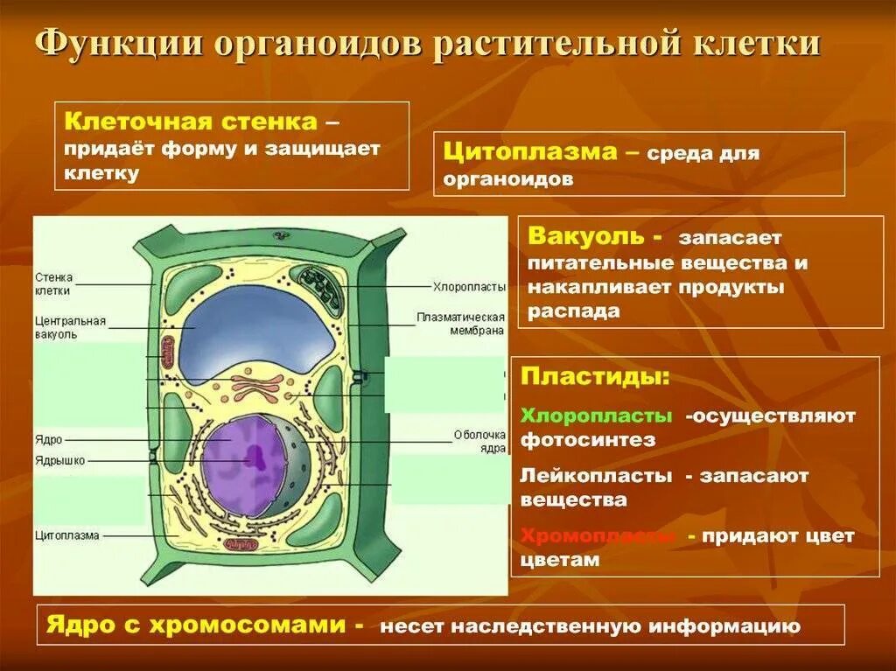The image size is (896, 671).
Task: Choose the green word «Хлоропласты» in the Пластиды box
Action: click(597, 416)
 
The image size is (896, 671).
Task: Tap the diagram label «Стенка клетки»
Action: click(54, 284)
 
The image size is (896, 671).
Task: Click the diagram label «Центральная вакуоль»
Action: click(71, 327)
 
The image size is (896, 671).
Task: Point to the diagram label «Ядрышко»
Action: click(60, 461)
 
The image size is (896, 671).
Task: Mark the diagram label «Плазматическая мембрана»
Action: click(460, 324)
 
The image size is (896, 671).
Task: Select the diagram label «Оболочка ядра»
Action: click(480, 441)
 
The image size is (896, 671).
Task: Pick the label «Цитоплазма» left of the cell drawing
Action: click(67, 535)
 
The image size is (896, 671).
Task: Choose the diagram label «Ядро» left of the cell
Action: click(49, 440)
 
